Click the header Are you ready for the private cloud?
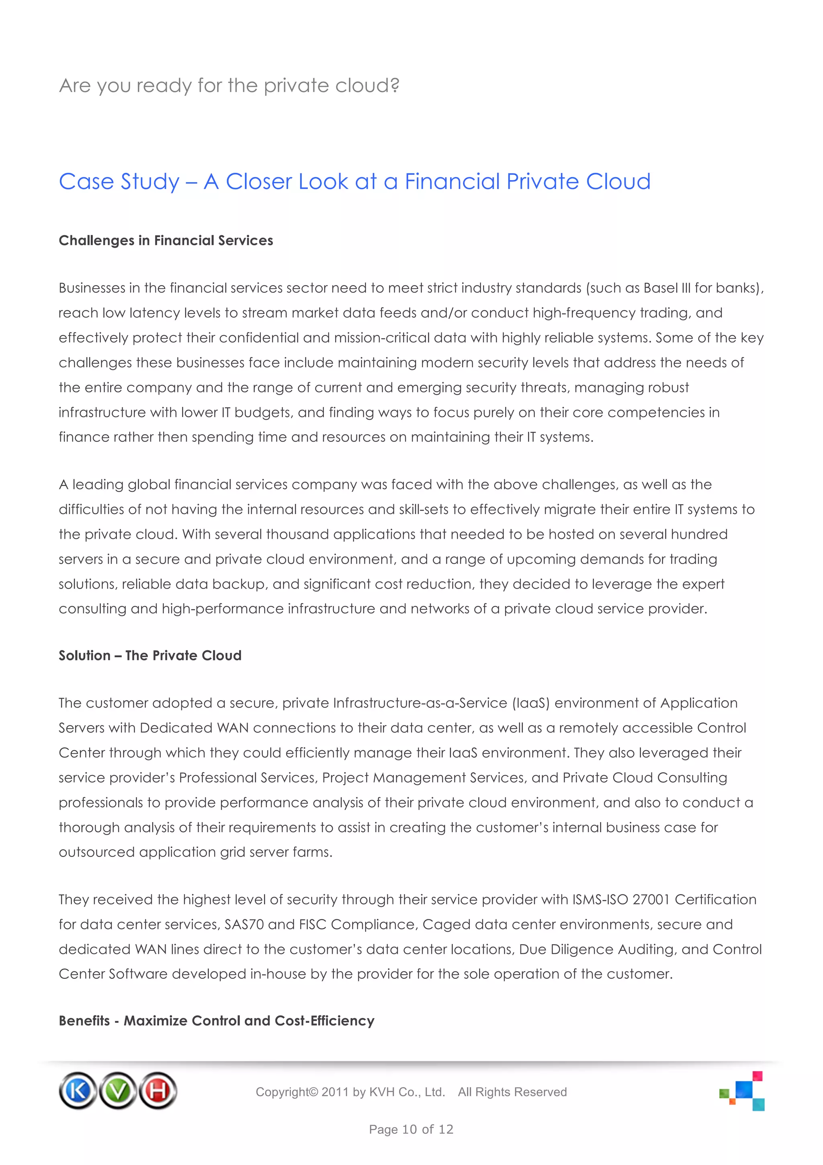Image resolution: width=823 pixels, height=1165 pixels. (x=229, y=86)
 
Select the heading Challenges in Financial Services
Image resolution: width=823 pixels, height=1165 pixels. (x=166, y=240)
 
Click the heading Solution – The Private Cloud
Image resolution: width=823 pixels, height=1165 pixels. (x=150, y=656)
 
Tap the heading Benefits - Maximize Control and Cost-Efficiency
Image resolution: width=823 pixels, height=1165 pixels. (x=217, y=1021)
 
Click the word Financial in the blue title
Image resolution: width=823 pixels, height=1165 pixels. (x=452, y=182)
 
